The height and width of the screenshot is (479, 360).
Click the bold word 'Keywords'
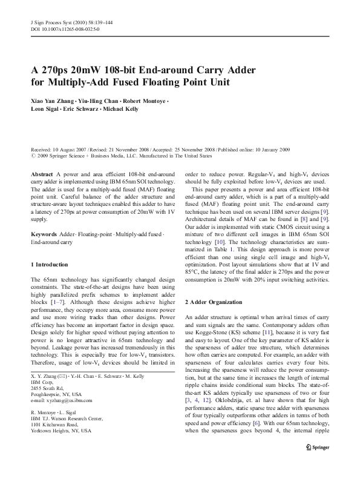(x=44, y=216)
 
